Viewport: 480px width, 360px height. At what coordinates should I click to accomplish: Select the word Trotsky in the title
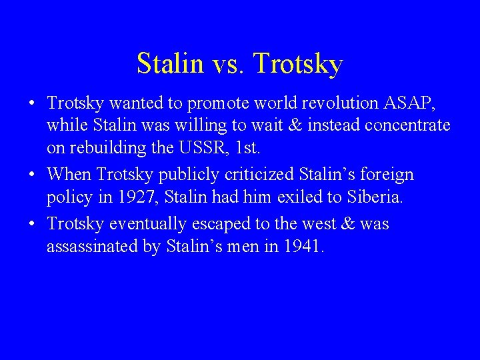point(298,64)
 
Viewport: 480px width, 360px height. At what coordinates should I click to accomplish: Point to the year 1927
point(131,197)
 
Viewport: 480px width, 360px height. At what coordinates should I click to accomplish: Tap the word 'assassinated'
point(93,247)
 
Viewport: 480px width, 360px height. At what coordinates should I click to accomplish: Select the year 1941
point(305,247)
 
